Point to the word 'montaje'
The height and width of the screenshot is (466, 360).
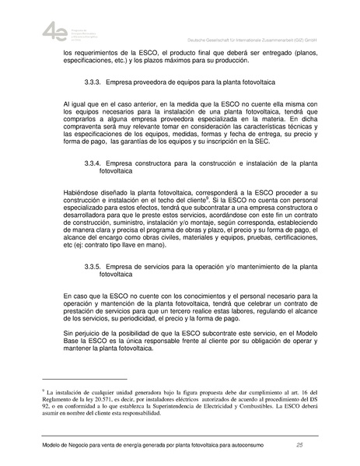click(194, 221)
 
